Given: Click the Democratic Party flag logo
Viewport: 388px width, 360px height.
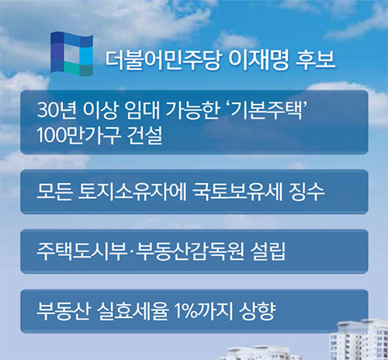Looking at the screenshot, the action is coord(71,54).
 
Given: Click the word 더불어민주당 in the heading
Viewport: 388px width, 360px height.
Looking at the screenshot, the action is coord(164,60).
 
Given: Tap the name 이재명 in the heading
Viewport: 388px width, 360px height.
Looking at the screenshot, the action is coord(258,60).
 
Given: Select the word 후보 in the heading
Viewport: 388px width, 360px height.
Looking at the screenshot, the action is coord(315,60).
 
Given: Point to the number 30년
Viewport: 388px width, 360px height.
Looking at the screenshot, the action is coord(57,110).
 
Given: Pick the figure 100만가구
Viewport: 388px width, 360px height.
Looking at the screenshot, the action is coord(78,135).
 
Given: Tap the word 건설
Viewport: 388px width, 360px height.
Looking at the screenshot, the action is coord(145,135).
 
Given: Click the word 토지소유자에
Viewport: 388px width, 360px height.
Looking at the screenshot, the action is coord(132,192).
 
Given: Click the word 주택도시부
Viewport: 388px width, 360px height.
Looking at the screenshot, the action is coord(81,251).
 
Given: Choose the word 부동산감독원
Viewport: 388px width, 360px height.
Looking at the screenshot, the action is coord(190,251).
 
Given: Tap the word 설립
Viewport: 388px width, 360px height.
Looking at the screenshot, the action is coord(268,251).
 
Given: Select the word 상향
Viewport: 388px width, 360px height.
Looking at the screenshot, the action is coord(258,311).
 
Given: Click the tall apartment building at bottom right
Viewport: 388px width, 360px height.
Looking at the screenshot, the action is coord(359,339).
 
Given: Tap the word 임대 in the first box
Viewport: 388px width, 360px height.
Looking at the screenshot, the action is coord(142,110).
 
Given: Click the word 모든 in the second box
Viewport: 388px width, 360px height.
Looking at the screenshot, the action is coord(54,192).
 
